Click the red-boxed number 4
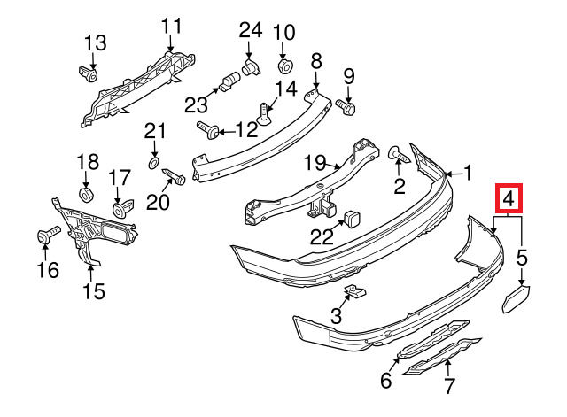click(509, 198)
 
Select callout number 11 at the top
click(171, 27)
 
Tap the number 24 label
click(250, 30)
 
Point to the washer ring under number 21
click(153, 163)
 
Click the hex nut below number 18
click(87, 196)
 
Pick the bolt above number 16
click(49, 234)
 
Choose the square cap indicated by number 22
click(350, 217)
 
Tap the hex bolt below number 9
click(346, 107)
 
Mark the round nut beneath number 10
click(284, 66)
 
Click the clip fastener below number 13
click(88, 73)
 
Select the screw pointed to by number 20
click(175, 176)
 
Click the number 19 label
click(315, 162)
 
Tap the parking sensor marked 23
click(229, 81)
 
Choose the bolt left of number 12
click(207, 130)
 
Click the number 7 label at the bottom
click(448, 386)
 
